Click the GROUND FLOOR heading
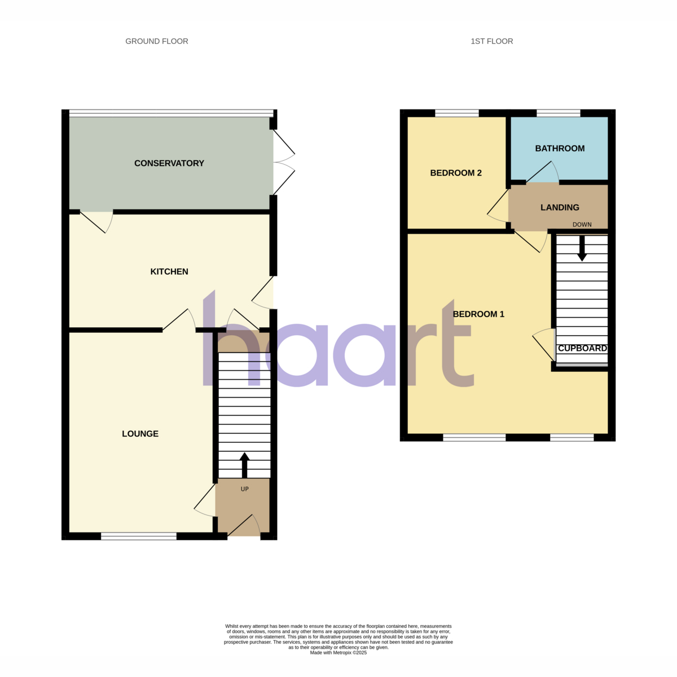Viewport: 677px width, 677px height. coord(157,41)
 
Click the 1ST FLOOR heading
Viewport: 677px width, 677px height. coord(491,41)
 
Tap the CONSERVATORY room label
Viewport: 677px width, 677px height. coord(169,164)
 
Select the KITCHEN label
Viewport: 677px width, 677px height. coord(169,271)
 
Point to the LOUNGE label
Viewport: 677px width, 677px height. coord(140,434)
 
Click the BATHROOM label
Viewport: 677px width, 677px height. coord(560,148)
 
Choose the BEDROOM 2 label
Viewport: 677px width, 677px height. coord(456,173)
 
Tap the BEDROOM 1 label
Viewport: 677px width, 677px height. coord(478,314)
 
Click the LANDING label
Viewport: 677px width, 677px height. coord(560,208)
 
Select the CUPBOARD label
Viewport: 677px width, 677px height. coord(582,348)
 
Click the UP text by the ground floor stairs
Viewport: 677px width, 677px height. coord(244,489)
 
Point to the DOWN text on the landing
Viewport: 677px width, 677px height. coord(582,225)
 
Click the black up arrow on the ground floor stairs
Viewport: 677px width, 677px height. coord(244,465)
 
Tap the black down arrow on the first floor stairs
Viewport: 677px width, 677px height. coord(582,248)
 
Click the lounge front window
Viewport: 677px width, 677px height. coord(139,536)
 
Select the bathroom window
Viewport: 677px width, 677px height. coord(559,113)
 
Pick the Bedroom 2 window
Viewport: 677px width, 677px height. coord(457,113)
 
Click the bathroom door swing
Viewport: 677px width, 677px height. coord(543,172)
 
